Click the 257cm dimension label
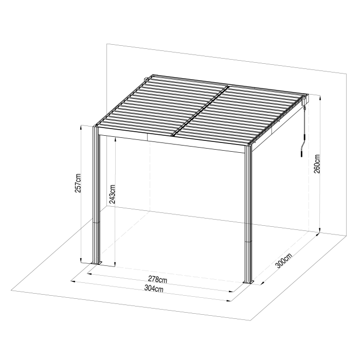click(x=78, y=183)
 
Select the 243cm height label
click(x=112, y=194)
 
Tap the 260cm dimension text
click(x=317, y=164)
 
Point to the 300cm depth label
click(x=284, y=261)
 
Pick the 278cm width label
click(x=157, y=279)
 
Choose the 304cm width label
click(x=154, y=288)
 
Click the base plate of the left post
click(x=96, y=263)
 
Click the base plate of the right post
click(x=248, y=282)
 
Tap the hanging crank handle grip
click(x=302, y=153)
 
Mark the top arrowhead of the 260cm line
click(x=320, y=97)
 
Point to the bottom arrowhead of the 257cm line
click(x=81, y=260)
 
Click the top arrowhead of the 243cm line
click(x=115, y=139)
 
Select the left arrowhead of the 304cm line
click(x=73, y=281)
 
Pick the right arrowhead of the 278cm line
click(x=231, y=292)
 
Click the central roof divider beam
click(x=200, y=110)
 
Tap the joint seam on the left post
click(x=96, y=222)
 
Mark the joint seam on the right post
click(x=248, y=241)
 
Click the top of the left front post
click(x=96, y=127)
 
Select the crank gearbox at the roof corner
click(x=304, y=101)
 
